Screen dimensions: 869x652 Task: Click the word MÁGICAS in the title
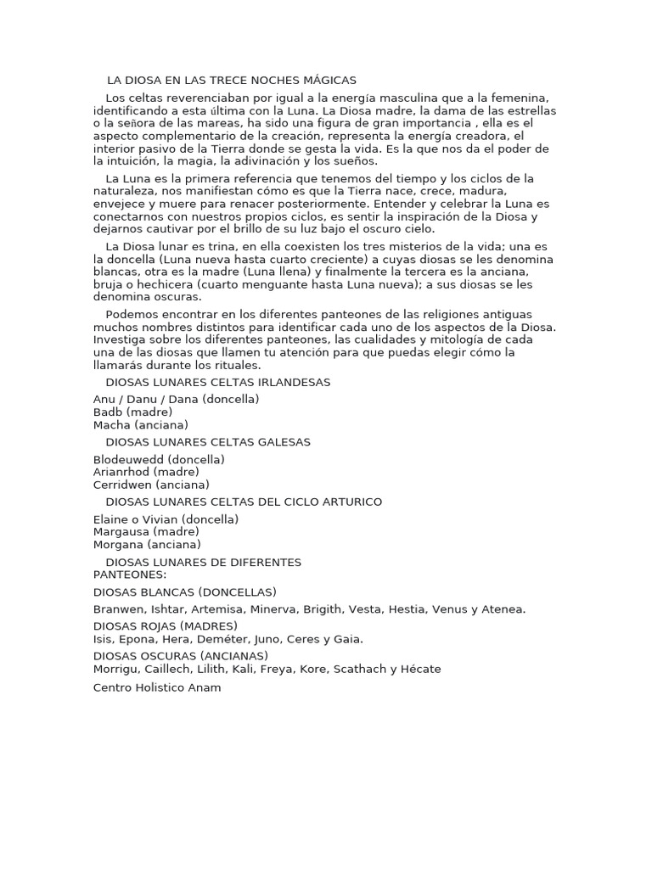coord(328,80)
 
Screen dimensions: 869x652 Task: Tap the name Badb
coord(108,412)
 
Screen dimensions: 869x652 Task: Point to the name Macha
coord(112,424)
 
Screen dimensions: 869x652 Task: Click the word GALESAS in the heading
coord(283,441)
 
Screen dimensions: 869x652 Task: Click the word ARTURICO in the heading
coord(346,502)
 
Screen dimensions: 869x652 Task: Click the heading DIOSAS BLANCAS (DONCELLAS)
coord(185,591)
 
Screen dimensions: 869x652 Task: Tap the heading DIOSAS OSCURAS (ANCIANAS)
coord(181,656)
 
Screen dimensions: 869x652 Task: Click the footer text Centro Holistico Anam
coord(157,687)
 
